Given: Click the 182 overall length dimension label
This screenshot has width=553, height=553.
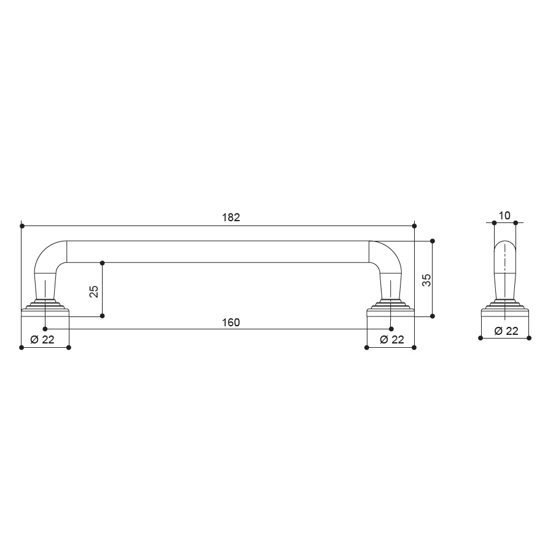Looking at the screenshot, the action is pyautogui.click(x=231, y=218).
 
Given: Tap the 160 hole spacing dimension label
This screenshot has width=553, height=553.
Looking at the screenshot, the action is pyautogui.click(x=231, y=323).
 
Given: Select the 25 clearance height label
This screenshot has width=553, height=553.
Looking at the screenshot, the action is pyautogui.click(x=94, y=291).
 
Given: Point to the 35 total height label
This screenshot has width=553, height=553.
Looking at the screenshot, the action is pyautogui.click(x=426, y=280).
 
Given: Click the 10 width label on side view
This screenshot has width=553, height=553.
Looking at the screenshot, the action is pyautogui.click(x=504, y=216).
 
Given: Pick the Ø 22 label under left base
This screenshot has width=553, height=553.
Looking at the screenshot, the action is pyautogui.click(x=42, y=339).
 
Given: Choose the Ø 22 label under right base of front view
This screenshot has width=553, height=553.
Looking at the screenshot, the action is pyautogui.click(x=392, y=339).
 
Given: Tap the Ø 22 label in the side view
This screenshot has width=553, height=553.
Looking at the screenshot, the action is pyautogui.click(x=506, y=331).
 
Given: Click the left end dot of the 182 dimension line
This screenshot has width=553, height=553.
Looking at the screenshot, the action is pyautogui.click(x=22, y=226).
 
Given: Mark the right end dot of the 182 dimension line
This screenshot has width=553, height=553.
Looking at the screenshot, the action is pyautogui.click(x=414, y=226).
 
